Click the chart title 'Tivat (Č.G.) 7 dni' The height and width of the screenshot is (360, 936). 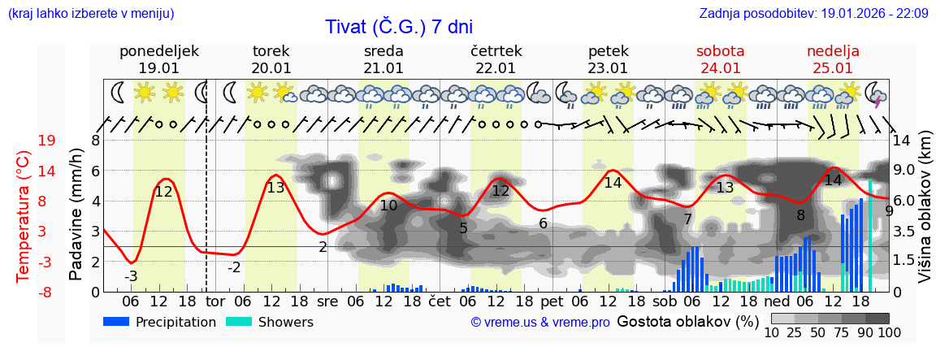[x=399, y=27]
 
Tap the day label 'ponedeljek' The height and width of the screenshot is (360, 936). [x=158, y=51]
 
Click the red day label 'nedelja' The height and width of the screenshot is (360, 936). [x=833, y=51]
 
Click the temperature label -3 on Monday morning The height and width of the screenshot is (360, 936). [x=131, y=276]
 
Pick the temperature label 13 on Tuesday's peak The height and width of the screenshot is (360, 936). [x=275, y=188]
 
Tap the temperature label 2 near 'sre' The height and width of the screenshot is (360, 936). [x=323, y=247]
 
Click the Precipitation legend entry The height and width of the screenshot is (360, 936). [x=160, y=322]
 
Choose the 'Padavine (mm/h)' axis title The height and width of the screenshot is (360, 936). [x=76, y=215]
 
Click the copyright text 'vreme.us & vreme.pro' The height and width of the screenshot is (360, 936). [x=540, y=322]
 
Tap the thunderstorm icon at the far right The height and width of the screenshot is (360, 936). [x=876, y=93]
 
